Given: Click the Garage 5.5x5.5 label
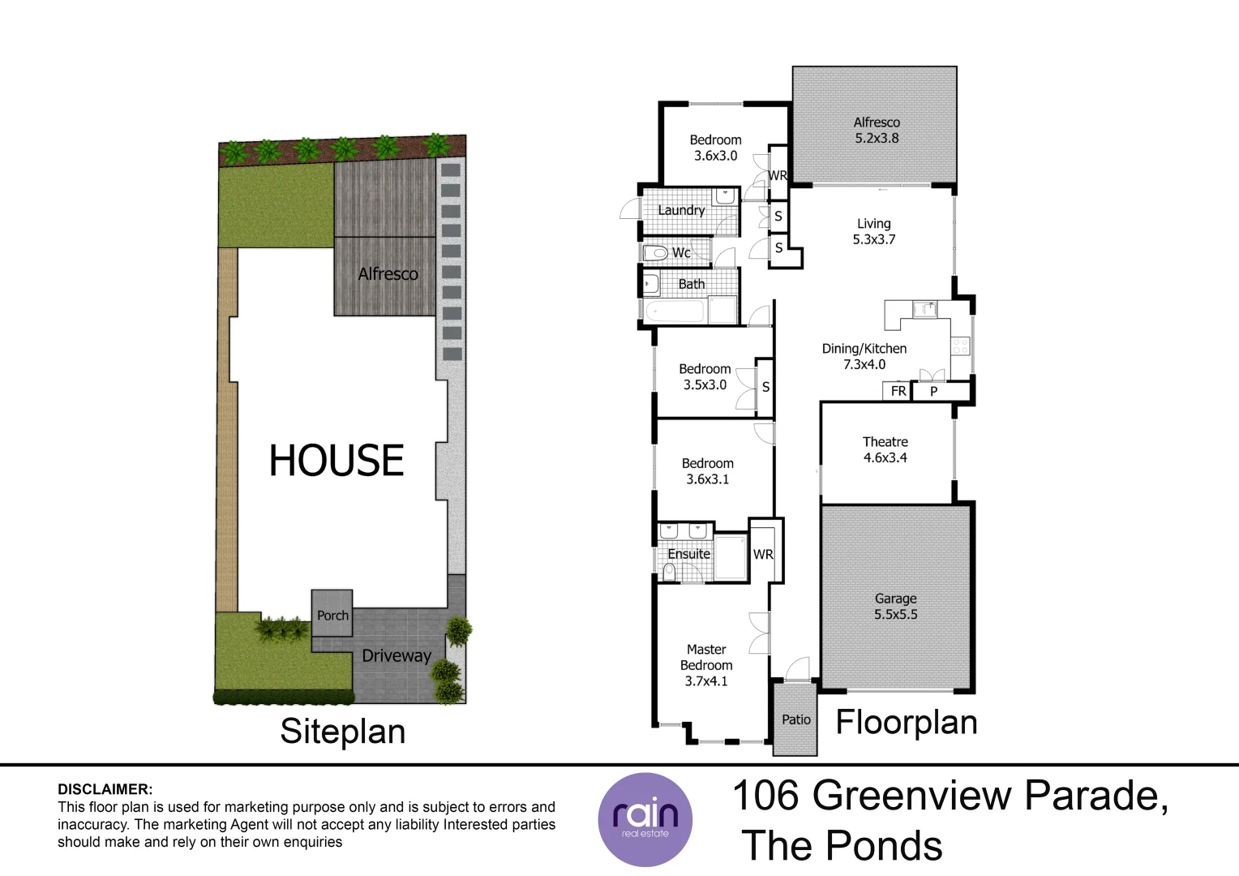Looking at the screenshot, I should (x=895, y=607).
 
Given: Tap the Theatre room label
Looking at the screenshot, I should (x=885, y=449).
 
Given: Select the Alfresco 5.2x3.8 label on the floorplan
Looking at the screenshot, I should (x=877, y=130).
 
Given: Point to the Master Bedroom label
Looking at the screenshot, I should (x=706, y=664).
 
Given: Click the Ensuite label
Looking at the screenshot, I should (x=688, y=554).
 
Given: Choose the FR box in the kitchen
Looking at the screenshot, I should (x=898, y=391).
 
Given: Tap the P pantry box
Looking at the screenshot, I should (x=934, y=391).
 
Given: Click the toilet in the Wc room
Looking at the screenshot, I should (x=655, y=253).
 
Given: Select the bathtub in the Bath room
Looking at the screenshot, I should (x=675, y=311).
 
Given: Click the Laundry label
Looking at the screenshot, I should (x=681, y=210).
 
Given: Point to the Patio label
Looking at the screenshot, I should (x=795, y=719).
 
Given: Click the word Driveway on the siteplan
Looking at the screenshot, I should (x=397, y=655).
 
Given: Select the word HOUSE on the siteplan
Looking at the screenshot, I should (x=337, y=460).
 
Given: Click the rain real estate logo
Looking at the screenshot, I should (x=645, y=819).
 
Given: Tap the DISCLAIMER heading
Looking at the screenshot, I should (x=105, y=789).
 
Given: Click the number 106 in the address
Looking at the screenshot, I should (x=765, y=796).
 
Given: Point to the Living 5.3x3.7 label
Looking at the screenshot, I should (x=873, y=231).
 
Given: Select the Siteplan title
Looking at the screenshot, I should (x=342, y=732).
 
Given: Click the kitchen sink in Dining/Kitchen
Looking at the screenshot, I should (x=924, y=308).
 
